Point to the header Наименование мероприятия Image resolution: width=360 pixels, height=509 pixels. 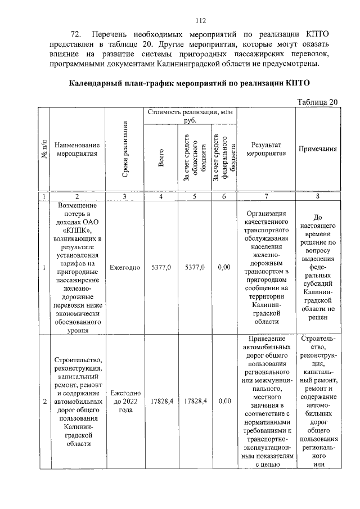click(77, 149)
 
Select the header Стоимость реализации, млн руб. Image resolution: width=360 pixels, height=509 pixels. click(190, 116)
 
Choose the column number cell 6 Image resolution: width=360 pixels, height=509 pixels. click(224, 196)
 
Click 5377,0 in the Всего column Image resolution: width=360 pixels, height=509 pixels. click(161, 267)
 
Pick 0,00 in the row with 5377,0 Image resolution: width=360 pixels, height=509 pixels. click(224, 267)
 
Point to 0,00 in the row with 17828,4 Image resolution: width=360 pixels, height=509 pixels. click(224, 402)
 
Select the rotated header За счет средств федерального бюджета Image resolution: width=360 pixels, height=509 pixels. click(224, 157)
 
